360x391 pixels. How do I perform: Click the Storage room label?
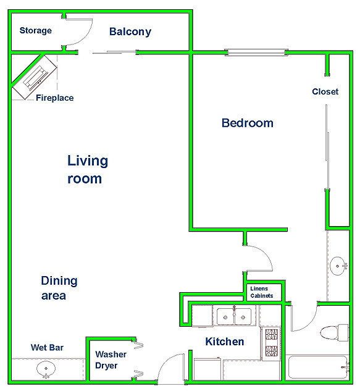(x=36, y=31)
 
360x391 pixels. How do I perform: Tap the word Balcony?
(x=130, y=32)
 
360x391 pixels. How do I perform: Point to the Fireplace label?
(x=54, y=98)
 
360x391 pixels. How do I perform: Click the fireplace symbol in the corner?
(x=35, y=77)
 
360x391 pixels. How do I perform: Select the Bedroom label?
(x=248, y=123)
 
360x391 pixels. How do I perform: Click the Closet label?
(x=325, y=91)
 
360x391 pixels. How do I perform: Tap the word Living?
(x=88, y=161)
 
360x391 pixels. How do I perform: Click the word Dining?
(x=59, y=281)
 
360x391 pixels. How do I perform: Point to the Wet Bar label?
(x=47, y=347)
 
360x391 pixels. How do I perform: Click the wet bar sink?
(x=46, y=369)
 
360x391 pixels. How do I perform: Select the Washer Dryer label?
(x=111, y=360)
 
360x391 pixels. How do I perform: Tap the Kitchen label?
(x=225, y=342)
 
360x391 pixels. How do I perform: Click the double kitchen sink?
(x=234, y=316)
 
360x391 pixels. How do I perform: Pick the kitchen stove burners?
(x=271, y=343)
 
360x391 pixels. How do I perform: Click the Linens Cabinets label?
(x=262, y=292)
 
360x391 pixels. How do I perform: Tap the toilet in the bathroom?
(x=334, y=333)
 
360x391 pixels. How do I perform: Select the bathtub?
(x=318, y=368)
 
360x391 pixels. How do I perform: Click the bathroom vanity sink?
(x=338, y=266)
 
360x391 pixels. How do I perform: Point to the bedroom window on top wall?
(x=256, y=53)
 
